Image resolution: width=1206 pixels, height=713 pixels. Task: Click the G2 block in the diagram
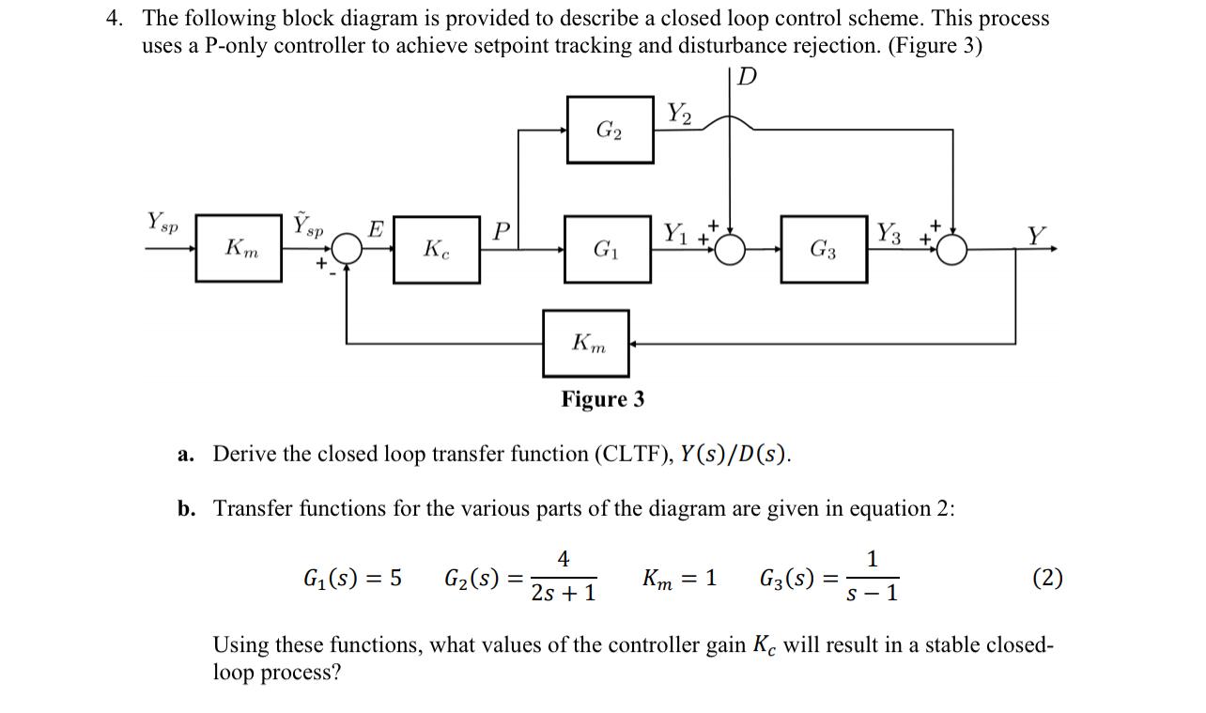tap(610, 130)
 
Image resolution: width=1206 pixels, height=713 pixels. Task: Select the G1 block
tap(607, 249)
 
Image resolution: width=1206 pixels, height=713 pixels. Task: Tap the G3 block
tap(824, 249)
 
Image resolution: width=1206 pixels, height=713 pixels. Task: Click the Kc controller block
tap(436, 249)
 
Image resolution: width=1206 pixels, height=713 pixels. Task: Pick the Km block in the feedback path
tap(587, 344)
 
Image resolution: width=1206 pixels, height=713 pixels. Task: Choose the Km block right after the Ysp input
tap(239, 249)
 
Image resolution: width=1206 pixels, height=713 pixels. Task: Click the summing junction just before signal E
tap(348, 249)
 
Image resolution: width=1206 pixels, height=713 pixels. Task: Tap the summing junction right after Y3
tap(951, 249)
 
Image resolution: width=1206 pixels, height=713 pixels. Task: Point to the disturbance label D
tap(746, 77)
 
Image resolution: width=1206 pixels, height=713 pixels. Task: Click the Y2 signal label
tap(679, 114)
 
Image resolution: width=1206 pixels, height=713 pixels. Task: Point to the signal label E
tap(375, 228)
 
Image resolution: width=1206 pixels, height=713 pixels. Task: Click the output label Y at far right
tap(1036, 235)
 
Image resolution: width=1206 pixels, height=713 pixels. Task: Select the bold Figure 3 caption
tap(603, 399)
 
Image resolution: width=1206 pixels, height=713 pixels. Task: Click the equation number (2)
tap(1047, 578)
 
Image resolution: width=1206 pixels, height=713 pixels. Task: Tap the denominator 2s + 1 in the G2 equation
tap(563, 594)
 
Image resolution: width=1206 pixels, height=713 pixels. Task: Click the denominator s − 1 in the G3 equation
tap(872, 594)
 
